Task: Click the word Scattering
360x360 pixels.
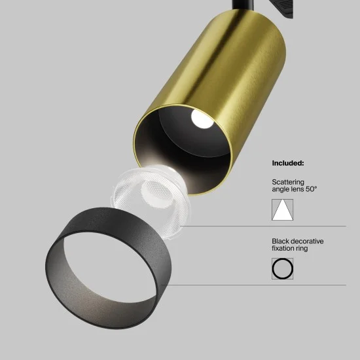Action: [288, 182]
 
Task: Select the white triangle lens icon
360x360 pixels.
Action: [283, 210]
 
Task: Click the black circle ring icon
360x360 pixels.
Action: [283, 269]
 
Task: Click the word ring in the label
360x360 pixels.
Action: [303, 249]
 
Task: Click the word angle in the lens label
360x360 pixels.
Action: [281, 190]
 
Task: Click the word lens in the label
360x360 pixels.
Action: [300, 190]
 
